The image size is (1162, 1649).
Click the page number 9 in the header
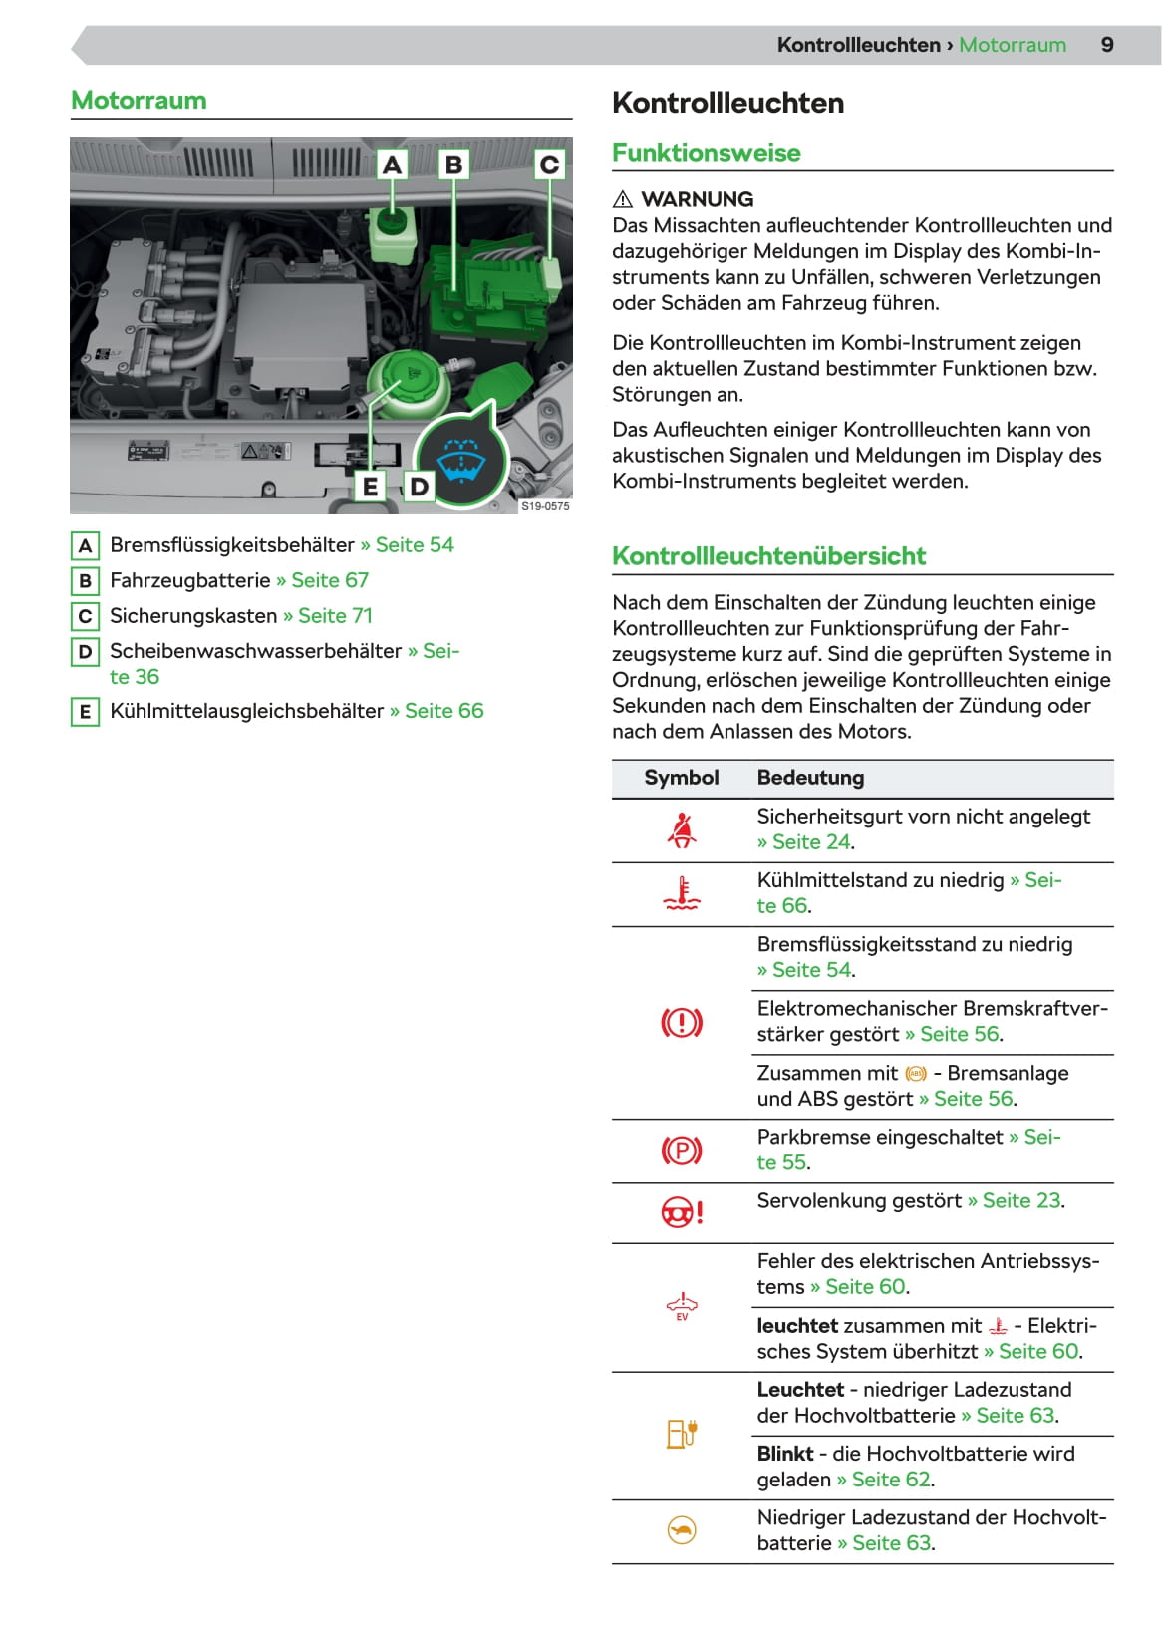tap(1106, 45)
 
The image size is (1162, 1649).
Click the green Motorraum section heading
tap(139, 101)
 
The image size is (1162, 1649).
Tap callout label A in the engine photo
tap(392, 165)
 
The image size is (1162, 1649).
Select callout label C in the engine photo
tap(549, 165)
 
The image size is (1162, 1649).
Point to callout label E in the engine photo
tap(371, 487)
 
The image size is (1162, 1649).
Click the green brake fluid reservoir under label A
tap(392, 234)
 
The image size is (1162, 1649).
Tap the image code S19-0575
tap(545, 506)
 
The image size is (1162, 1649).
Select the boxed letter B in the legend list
tap(85, 581)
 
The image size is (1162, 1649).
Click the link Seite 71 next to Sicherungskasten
tap(335, 616)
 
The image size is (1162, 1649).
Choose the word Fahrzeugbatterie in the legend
tap(190, 580)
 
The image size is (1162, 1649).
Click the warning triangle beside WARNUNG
tap(623, 199)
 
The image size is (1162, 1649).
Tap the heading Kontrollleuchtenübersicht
tap(768, 556)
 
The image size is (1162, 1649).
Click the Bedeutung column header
tap(810, 778)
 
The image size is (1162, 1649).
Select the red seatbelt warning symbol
tap(682, 830)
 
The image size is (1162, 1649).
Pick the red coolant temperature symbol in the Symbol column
tap(682, 894)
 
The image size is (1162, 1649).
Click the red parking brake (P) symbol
tap(682, 1152)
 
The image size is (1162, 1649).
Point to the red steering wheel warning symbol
tap(682, 1212)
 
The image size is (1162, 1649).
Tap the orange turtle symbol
tap(682, 1530)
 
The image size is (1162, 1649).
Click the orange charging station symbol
tap(682, 1435)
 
